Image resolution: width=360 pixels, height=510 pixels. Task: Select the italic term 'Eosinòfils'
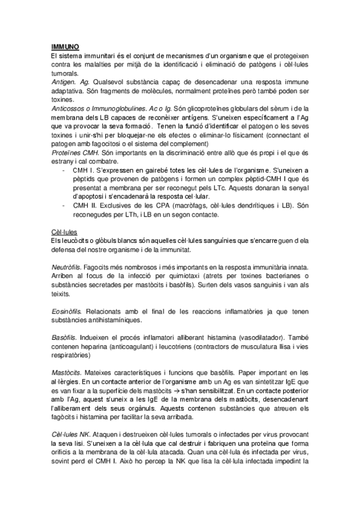click(67, 312)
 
